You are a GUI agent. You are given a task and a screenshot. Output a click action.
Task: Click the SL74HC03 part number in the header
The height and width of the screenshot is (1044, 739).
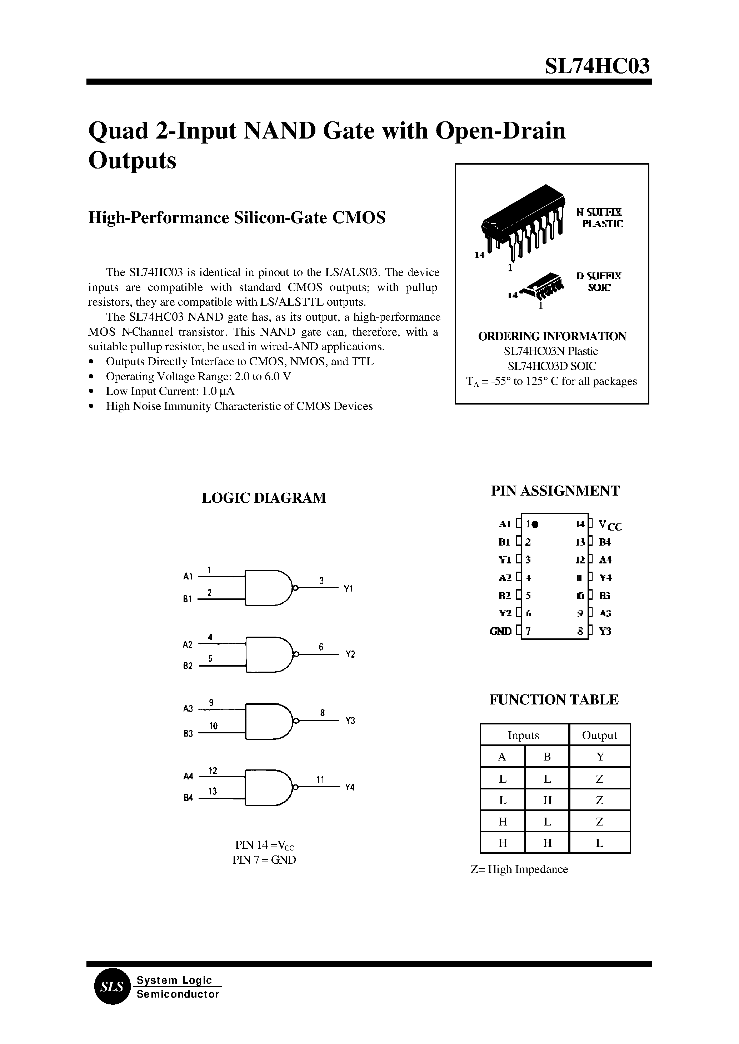[597, 66]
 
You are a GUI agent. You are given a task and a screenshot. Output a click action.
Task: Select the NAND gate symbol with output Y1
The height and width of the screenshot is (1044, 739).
[269, 587]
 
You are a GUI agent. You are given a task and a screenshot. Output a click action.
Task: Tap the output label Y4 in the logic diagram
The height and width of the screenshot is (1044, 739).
[349, 787]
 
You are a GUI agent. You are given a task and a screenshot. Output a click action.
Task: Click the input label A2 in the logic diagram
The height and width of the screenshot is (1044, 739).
[188, 644]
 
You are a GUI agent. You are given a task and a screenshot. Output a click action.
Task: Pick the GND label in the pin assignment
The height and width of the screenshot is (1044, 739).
[500, 631]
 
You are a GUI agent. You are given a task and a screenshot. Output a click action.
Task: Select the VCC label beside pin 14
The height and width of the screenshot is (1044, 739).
[610, 526]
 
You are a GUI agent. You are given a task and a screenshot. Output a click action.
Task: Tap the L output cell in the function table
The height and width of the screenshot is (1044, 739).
[599, 843]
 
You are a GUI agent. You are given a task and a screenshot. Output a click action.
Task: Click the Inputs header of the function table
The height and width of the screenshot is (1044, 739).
[523, 736]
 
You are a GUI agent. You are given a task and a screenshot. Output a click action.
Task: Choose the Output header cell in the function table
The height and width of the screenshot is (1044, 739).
[599, 736]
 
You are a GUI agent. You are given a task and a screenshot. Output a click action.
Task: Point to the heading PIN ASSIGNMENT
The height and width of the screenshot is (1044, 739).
[555, 491]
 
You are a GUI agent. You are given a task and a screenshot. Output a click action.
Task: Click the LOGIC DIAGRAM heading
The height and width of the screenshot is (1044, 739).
[264, 498]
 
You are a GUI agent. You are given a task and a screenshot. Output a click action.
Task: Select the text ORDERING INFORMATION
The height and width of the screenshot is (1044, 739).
[552, 336]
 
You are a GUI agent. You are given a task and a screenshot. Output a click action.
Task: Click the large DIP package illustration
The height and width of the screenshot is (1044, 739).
[523, 221]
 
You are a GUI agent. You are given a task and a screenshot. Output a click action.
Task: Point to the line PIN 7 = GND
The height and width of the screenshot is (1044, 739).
[264, 860]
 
